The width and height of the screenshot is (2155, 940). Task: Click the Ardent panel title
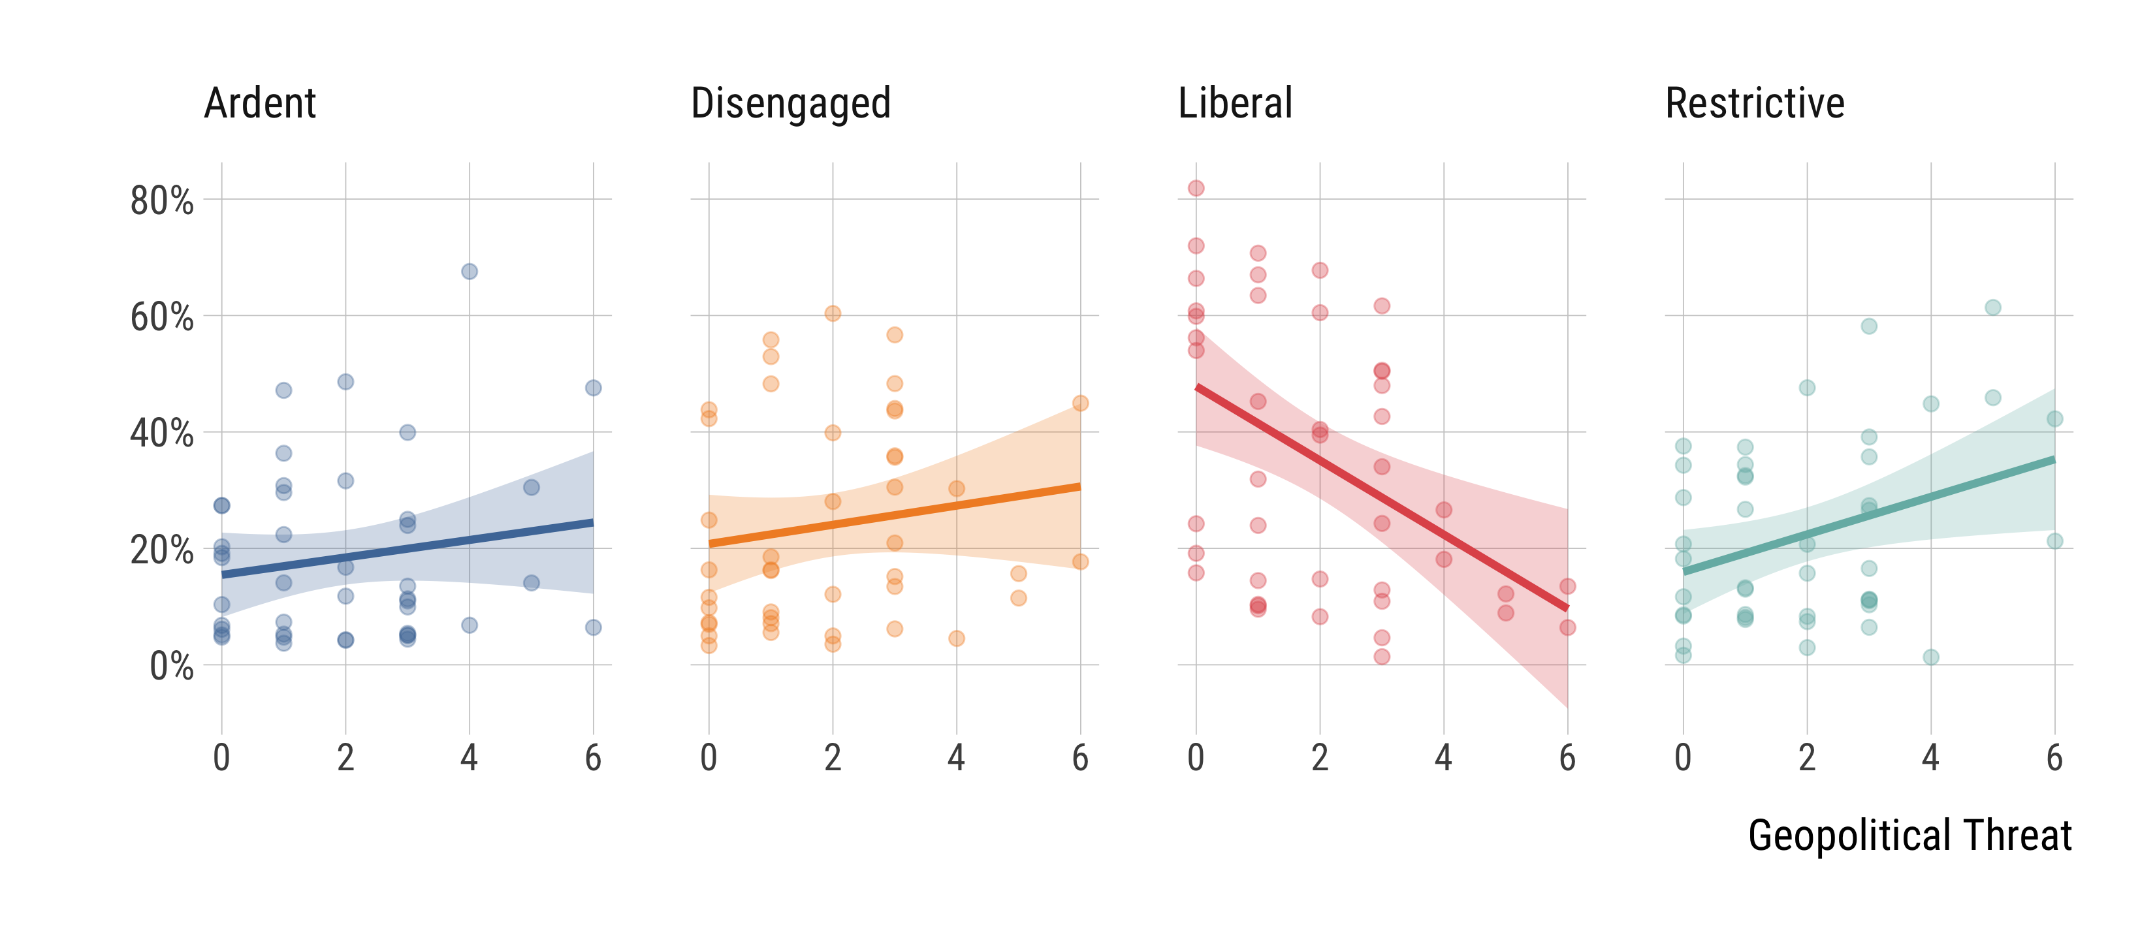pos(260,104)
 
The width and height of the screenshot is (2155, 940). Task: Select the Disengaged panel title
pos(791,104)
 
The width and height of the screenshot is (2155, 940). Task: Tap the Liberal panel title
pos(1235,104)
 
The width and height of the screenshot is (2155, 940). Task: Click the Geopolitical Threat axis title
pos(1910,836)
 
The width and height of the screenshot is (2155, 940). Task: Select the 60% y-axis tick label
pos(161,318)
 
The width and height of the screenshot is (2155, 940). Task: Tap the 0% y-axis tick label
pos(172,666)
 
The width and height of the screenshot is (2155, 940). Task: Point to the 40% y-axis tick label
pos(161,434)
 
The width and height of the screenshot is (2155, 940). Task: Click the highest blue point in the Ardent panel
pos(470,272)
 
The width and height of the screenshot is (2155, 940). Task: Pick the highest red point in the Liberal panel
pos(1196,188)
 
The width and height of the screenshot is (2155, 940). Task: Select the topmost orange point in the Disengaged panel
pos(833,313)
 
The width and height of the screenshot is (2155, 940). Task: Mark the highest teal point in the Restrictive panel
pos(1992,307)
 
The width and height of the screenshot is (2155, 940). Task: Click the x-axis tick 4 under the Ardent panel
pos(470,758)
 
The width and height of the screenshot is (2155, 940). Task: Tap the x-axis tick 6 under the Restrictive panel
pos(2054,758)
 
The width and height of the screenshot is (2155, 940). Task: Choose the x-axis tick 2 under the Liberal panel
pos(1320,758)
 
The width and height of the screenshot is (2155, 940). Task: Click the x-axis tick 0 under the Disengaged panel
pos(709,758)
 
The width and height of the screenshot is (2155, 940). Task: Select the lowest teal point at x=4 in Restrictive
pos(1931,657)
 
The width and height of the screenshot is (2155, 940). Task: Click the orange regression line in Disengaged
pos(894,515)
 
